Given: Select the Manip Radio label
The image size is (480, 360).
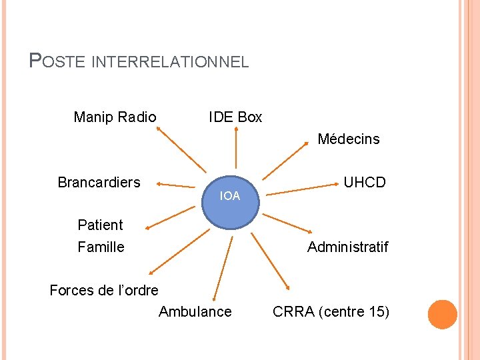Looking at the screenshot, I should pyautogui.click(x=115, y=117).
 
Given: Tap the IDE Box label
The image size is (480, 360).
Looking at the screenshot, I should pyautogui.click(x=235, y=117).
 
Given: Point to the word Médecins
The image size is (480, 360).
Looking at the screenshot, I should pyautogui.click(x=348, y=139).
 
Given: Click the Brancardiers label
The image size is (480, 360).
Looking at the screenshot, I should pyautogui.click(x=99, y=182).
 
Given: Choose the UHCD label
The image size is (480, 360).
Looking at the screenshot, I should pyautogui.click(x=364, y=182).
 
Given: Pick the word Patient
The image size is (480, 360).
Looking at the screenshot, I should pyautogui.click(x=100, y=225).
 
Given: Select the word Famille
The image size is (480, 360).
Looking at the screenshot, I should pyautogui.click(x=101, y=247).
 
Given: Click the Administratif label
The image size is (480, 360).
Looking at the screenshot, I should pyautogui.click(x=347, y=247).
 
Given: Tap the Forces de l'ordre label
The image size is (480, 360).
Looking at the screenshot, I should pyautogui.click(x=104, y=290).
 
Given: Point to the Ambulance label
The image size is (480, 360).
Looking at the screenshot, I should pyautogui.click(x=195, y=311).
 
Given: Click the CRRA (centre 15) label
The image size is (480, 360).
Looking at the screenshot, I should pyautogui.click(x=331, y=311).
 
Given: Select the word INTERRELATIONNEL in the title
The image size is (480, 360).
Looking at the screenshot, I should pyautogui.click(x=169, y=63).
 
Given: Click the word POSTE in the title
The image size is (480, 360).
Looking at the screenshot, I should pyautogui.click(x=59, y=62).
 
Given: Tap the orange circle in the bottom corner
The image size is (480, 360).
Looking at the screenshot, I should pyautogui.click(x=443, y=315).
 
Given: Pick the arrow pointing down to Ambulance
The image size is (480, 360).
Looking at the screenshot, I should pyautogui.click(x=223, y=267).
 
